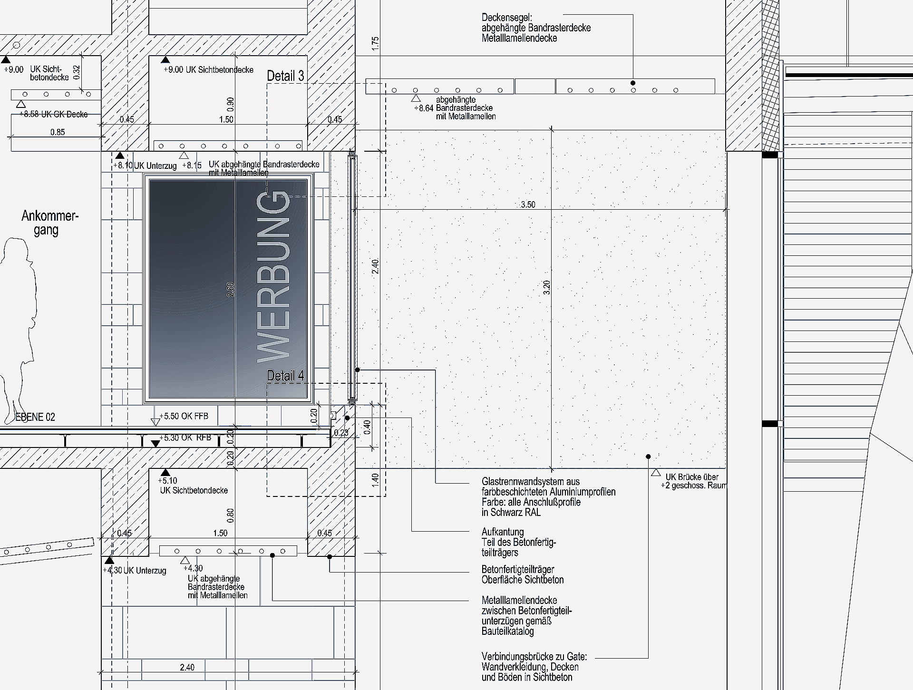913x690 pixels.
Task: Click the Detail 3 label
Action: [285, 76]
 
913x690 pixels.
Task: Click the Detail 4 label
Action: [285, 376]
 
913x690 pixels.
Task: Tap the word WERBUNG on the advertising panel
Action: [273, 277]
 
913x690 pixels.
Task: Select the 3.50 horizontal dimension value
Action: [528, 205]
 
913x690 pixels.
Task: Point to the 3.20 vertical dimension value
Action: [546, 287]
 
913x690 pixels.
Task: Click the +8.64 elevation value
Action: [423, 108]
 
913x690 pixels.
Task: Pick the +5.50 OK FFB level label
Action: [184, 416]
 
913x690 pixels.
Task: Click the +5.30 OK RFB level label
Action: [185, 437]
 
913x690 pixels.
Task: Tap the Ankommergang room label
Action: [49, 223]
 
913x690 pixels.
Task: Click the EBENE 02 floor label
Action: [36, 417]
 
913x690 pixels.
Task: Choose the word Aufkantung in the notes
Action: [503, 532]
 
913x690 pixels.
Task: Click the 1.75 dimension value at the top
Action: [376, 44]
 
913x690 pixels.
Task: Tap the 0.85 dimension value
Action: [58, 132]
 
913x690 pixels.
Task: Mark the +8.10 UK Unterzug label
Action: [145, 166]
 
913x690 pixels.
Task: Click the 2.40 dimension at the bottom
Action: [187, 667]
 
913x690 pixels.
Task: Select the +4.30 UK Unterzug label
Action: [135, 571]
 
